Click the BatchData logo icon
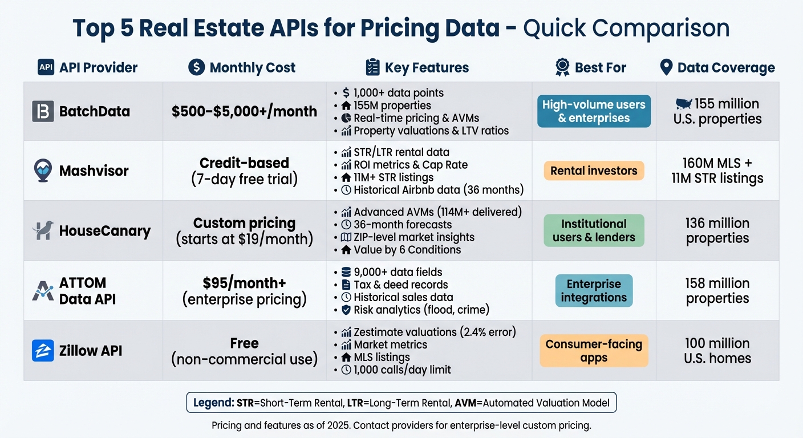pyautogui.click(x=43, y=111)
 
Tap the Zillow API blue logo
pyautogui.click(x=43, y=351)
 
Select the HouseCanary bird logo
pyautogui.click(x=43, y=230)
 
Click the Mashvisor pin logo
pyautogui.click(x=43, y=171)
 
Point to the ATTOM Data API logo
pyautogui.click(x=43, y=290)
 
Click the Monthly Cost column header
pyautogui.click(x=242, y=68)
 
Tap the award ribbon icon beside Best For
pyautogui.click(x=562, y=68)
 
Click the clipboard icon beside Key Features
pyautogui.click(x=372, y=68)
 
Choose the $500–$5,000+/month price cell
pyautogui.click(x=244, y=111)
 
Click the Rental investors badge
pyautogui.click(x=594, y=171)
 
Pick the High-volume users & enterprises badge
pyautogui.click(x=594, y=111)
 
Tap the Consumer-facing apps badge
pyautogui.click(x=594, y=351)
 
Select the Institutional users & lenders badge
pyautogui.click(x=594, y=230)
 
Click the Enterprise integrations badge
pyautogui.click(x=594, y=290)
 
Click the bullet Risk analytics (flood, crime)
pyautogui.click(x=420, y=310)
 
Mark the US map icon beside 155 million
pyautogui.click(x=683, y=104)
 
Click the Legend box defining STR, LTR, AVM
pyautogui.click(x=401, y=403)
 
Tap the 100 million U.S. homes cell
pyautogui.click(x=717, y=351)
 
